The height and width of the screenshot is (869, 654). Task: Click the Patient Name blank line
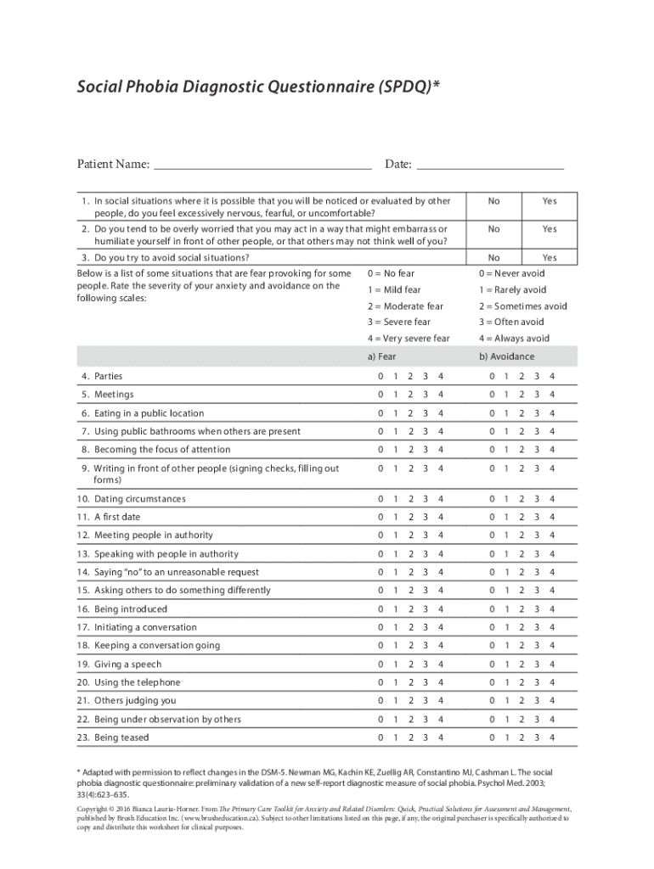click(262, 165)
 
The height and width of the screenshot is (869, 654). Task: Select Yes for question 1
click(550, 201)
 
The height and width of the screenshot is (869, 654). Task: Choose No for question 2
click(493, 229)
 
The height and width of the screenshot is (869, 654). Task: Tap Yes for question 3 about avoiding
click(550, 257)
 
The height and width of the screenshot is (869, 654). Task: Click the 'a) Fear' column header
click(381, 357)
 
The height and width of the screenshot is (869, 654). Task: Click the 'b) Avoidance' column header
click(506, 357)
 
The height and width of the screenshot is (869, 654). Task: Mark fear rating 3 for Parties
click(425, 376)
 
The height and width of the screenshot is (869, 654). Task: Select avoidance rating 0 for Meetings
click(492, 395)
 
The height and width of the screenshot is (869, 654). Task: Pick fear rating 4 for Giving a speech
click(440, 664)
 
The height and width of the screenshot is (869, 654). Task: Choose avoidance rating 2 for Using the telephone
click(522, 682)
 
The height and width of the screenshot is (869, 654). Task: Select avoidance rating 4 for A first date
click(552, 517)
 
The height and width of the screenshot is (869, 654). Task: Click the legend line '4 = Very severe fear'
click(409, 339)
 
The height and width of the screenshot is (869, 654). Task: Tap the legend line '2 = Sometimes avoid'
click(522, 306)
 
